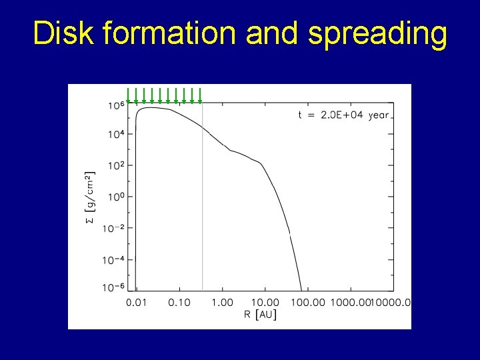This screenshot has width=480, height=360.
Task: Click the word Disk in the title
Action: (63, 33)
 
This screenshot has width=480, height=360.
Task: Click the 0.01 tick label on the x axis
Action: (137, 303)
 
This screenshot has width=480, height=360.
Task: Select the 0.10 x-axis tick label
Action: (179, 303)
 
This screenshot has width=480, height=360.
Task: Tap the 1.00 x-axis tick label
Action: (223, 303)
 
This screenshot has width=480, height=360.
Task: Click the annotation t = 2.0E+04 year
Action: (343, 115)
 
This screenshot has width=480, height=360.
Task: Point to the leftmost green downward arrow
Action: (128, 96)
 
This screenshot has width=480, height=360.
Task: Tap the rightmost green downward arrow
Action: (199, 96)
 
